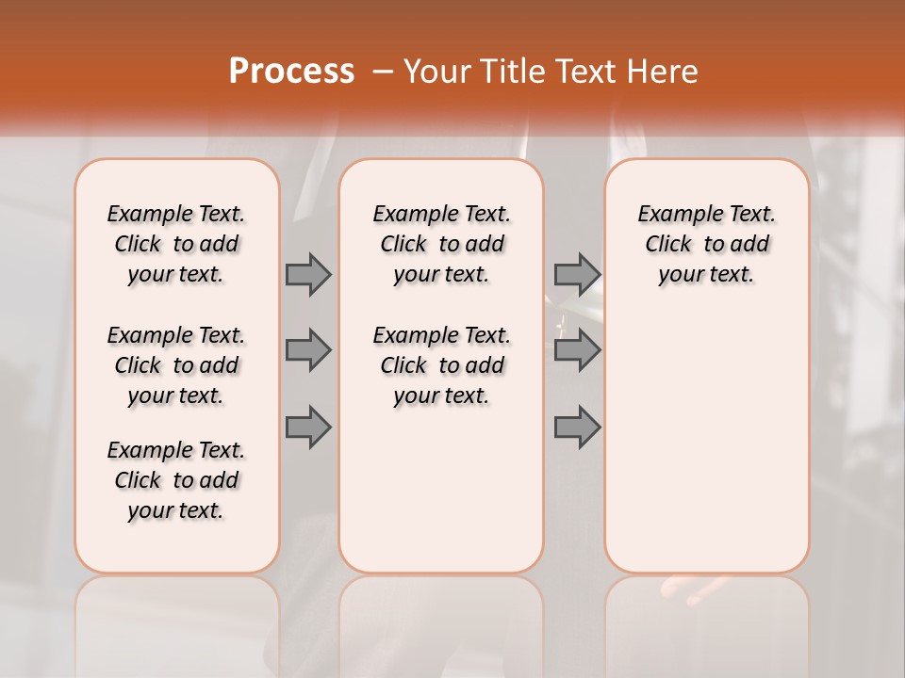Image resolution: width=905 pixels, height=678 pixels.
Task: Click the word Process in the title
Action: [x=291, y=72]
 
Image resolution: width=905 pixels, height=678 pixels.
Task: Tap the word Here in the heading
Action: [x=663, y=72]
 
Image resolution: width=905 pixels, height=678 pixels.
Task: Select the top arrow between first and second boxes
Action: [x=308, y=275]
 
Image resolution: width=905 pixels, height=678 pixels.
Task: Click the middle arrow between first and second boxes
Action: [x=308, y=351]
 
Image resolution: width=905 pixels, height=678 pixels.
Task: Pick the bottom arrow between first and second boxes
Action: [x=308, y=428]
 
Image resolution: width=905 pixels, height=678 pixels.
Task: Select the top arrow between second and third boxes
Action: [x=577, y=275]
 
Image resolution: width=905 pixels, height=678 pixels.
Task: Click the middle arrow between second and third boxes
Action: [x=577, y=351]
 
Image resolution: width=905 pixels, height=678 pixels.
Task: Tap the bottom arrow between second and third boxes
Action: [x=577, y=428]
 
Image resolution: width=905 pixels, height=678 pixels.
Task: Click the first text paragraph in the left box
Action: [x=176, y=244]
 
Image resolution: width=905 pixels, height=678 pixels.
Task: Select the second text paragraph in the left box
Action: [x=176, y=365]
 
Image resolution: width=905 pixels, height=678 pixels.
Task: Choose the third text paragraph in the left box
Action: [x=176, y=480]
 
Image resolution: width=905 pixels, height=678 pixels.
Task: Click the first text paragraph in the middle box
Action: [x=441, y=244]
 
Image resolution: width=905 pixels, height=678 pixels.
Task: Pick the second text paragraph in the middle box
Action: [x=441, y=365]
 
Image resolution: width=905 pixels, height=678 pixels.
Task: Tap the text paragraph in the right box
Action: [x=706, y=244]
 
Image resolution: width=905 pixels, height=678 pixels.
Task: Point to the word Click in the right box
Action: [x=668, y=245]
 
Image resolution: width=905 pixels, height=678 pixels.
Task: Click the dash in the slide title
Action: [x=383, y=72]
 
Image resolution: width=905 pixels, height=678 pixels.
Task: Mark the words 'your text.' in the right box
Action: [x=706, y=275]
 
